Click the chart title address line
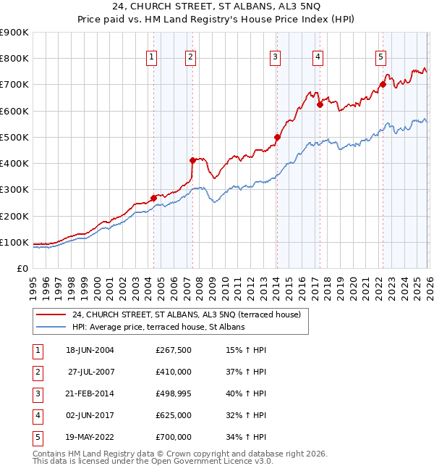coord(216,7)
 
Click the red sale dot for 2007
coord(192,160)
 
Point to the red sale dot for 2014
coord(277,137)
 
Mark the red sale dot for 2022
coord(383,84)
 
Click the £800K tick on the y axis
coord(14,59)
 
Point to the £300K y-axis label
coord(14,190)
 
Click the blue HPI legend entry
coord(158,328)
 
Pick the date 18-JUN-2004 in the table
coord(90,350)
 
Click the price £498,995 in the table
coord(173,393)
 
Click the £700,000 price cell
coord(173,437)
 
